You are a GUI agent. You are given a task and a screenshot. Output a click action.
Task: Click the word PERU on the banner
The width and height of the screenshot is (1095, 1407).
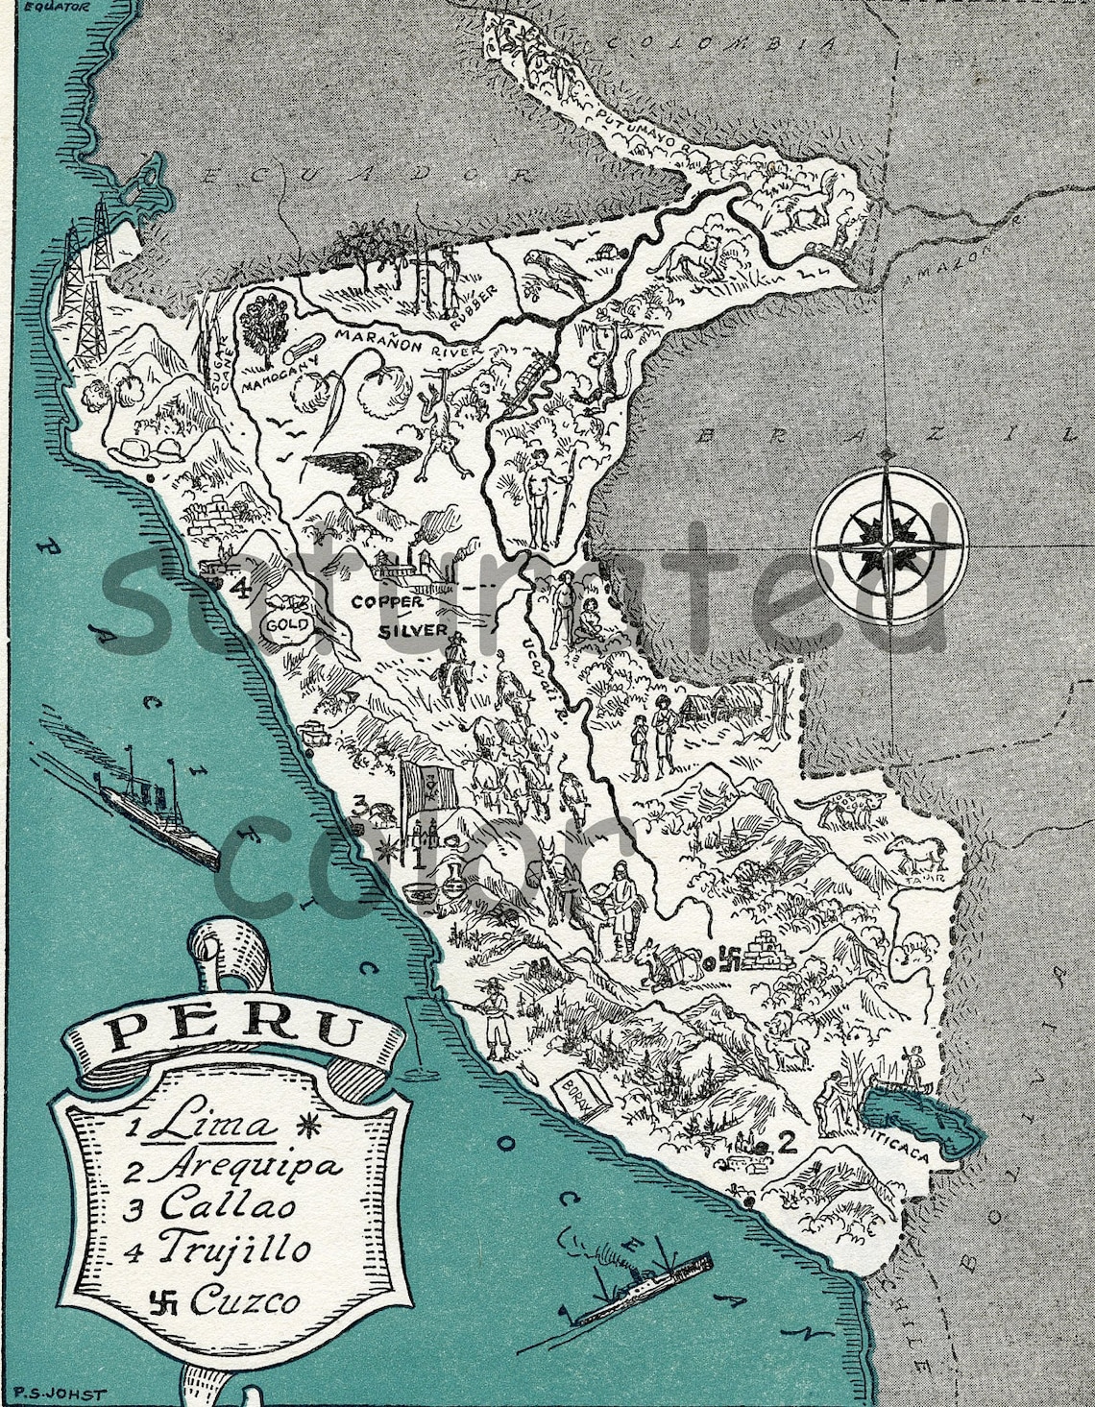pyautogui.click(x=229, y=1032)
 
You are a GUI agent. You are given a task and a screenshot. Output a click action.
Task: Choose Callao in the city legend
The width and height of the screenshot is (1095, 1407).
pyautogui.click(x=229, y=1207)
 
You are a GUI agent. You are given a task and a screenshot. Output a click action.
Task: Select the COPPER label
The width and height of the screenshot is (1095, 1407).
pyautogui.click(x=387, y=602)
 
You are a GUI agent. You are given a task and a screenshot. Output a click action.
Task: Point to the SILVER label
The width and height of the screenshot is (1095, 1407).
pyautogui.click(x=413, y=630)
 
